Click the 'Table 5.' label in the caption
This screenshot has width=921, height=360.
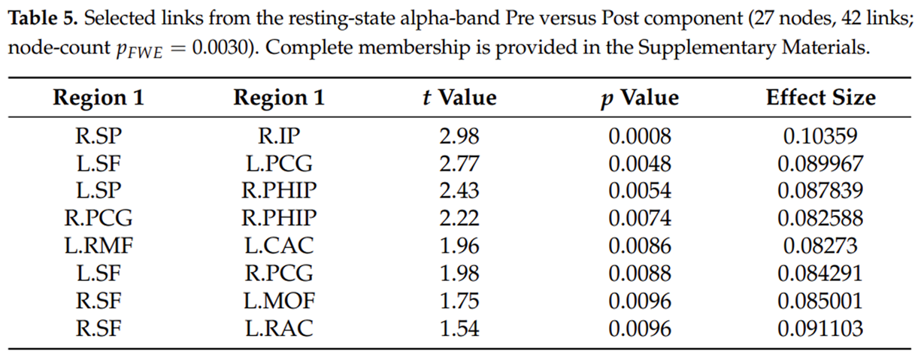pos(43,19)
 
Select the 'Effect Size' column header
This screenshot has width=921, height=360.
pos(821,98)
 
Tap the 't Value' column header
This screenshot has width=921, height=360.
pos(459,98)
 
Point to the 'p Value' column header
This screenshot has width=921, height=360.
pos(640,98)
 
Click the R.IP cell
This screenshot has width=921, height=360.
pos(279,136)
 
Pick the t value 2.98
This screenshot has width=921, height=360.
pos(459,136)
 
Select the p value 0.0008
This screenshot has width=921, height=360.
pos(640,136)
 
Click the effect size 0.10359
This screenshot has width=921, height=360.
pos(820,136)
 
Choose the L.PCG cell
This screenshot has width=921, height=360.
pos(279,164)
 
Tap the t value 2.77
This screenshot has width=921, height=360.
pos(459,164)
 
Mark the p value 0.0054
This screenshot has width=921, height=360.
pos(640,191)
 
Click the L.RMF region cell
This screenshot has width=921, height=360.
pos(98,246)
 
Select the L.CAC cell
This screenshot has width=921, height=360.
pos(279,246)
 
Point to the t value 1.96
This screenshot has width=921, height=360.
pos(459,246)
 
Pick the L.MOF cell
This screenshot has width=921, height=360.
pos(279,301)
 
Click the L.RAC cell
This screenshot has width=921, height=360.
pos(279,328)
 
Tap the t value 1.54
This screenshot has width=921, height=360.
pos(459,328)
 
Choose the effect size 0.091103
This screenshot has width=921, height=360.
pos(820,328)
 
